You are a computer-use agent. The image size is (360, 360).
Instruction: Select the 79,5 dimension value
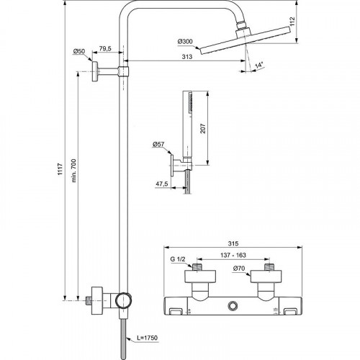pyautogui.click(x=105, y=50)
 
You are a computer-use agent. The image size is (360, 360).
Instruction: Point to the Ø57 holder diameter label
pyautogui.click(x=158, y=144)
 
